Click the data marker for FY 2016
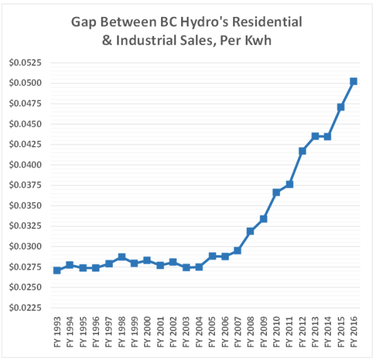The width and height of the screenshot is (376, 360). (x=353, y=82)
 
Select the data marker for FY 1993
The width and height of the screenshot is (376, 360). (x=57, y=270)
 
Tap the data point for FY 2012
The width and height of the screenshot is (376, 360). (x=302, y=151)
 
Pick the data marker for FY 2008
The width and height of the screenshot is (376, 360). (x=251, y=231)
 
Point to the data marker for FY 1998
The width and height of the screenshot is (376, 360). (x=122, y=257)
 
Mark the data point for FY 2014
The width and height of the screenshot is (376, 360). (x=328, y=137)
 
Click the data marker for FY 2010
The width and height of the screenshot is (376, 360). (x=276, y=193)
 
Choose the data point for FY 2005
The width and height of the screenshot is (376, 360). (x=212, y=256)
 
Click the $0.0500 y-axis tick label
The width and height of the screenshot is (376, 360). (x=23, y=83)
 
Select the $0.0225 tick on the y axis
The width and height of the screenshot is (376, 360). (x=23, y=308)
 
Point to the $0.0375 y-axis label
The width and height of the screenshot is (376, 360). (x=23, y=186)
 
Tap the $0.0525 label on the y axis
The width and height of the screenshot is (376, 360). (x=23, y=63)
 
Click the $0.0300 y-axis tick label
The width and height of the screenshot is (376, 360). (x=23, y=246)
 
